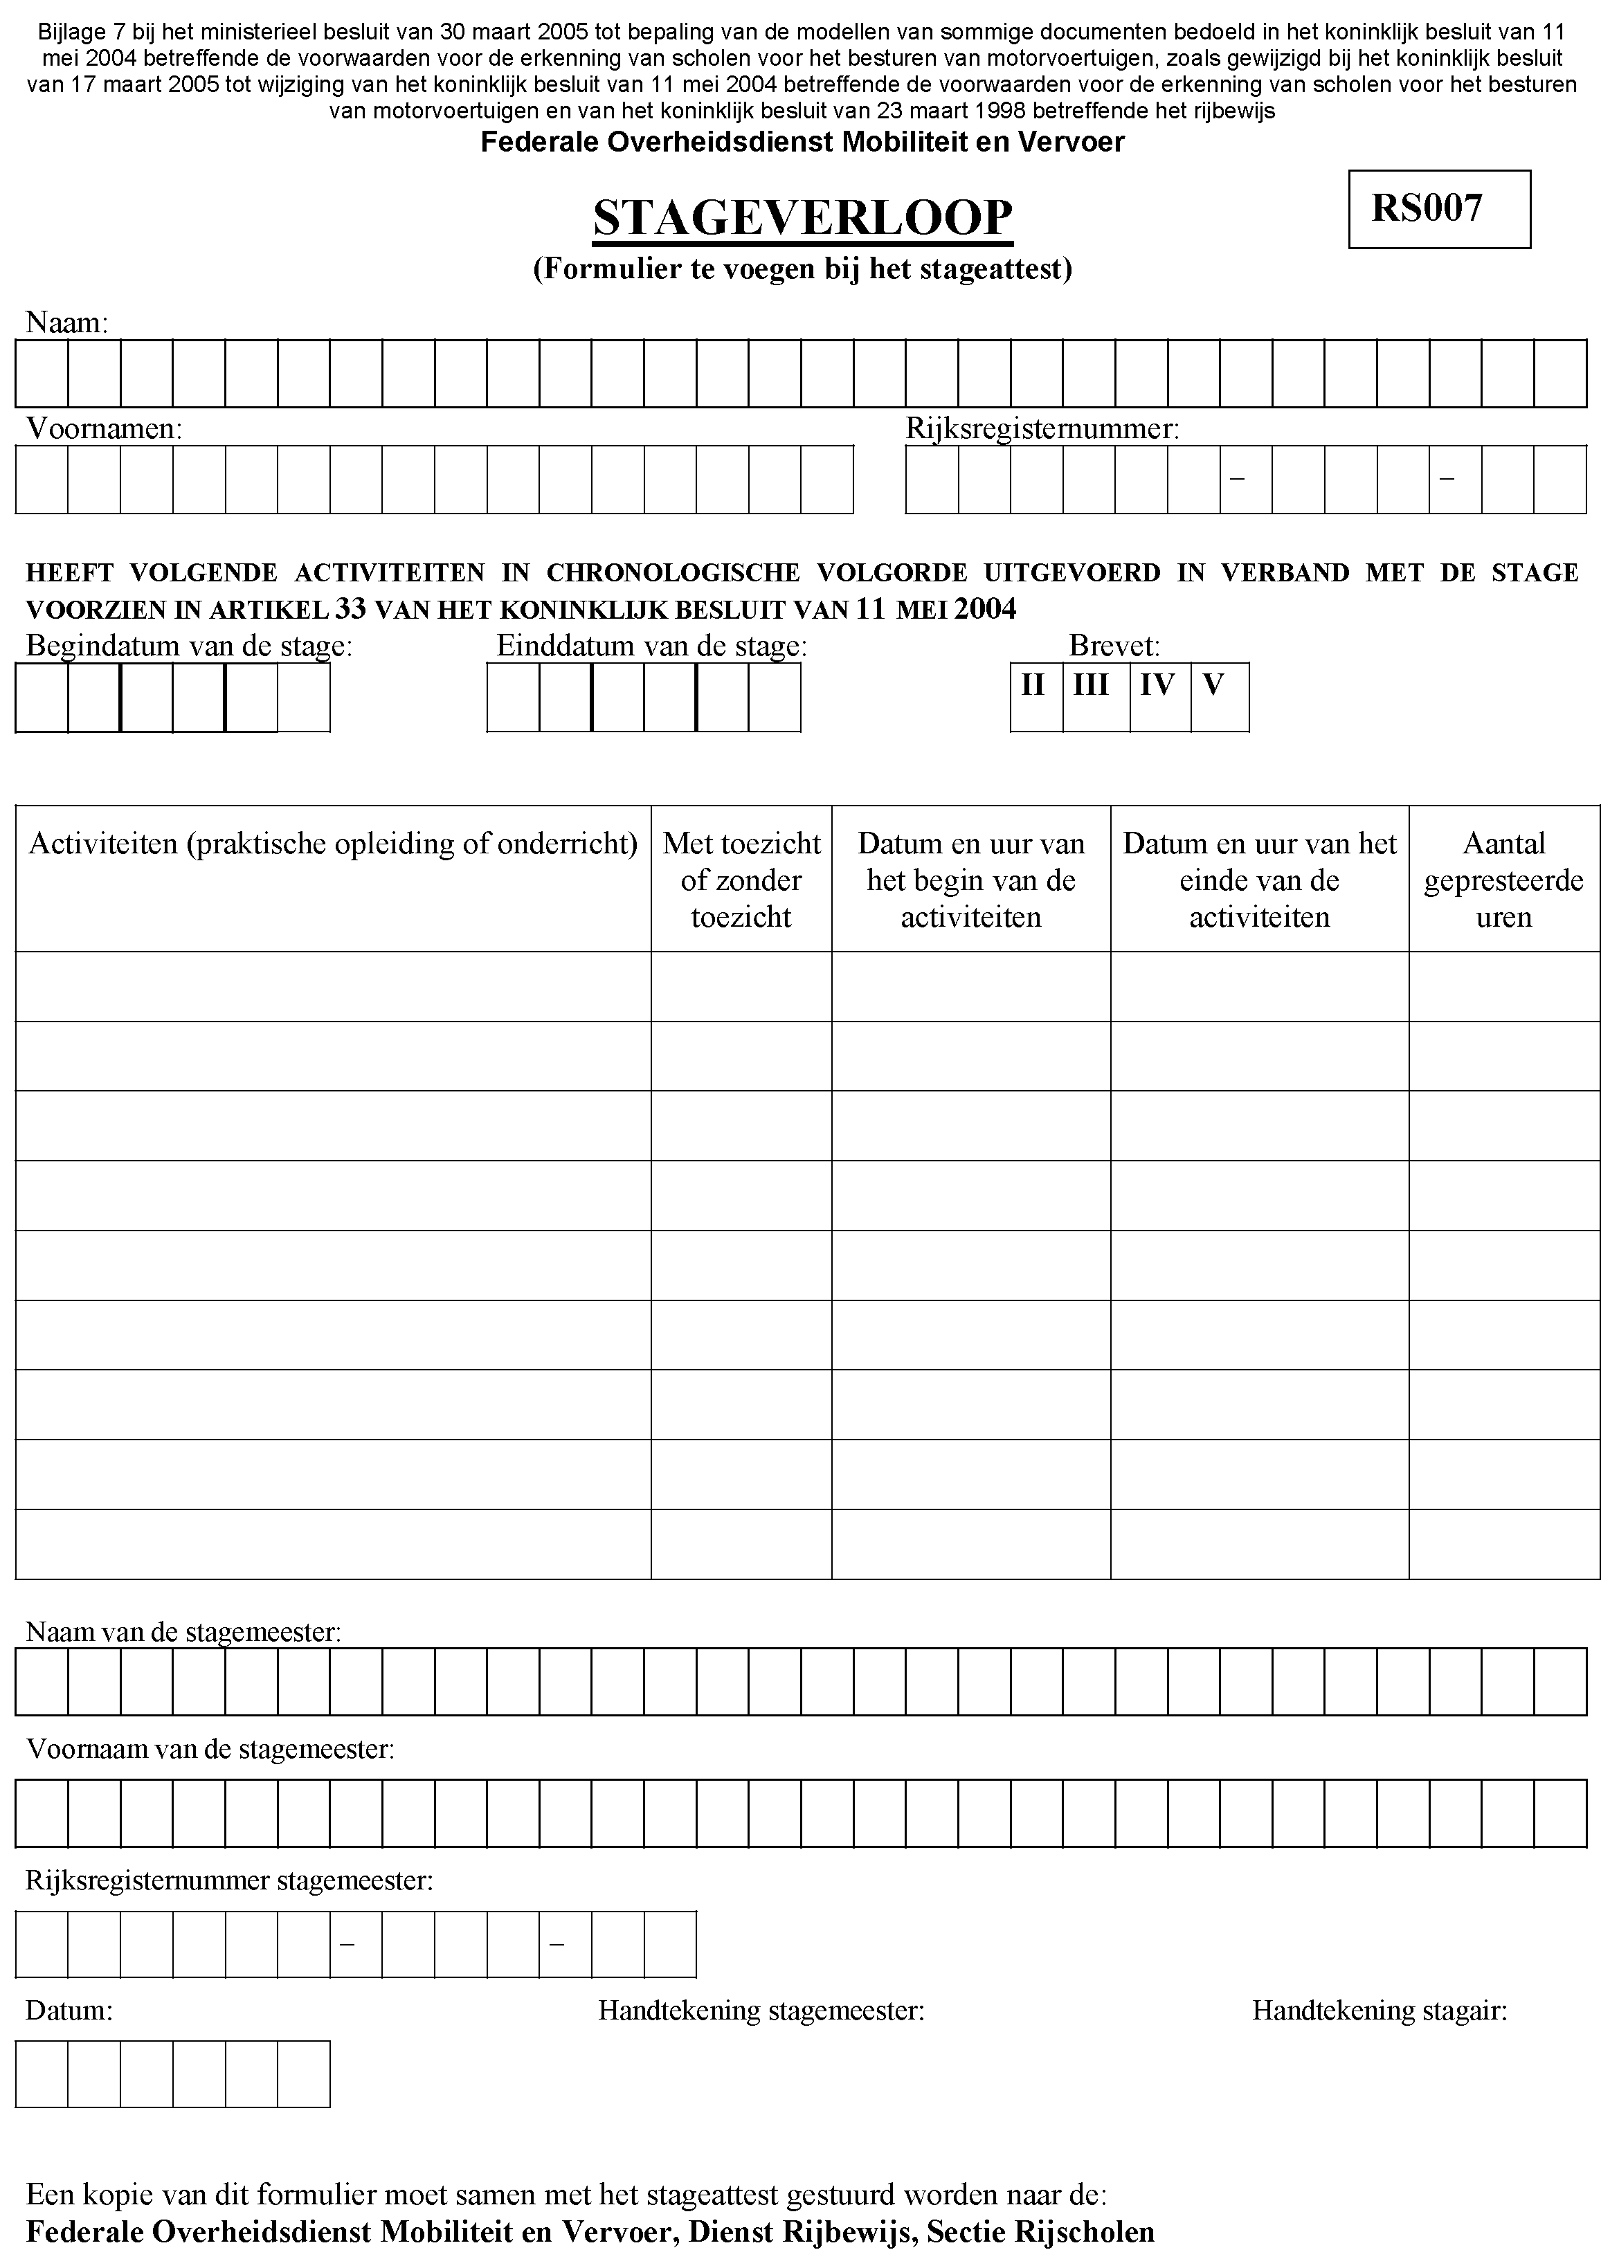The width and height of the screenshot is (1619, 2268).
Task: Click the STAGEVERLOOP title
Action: (x=802, y=218)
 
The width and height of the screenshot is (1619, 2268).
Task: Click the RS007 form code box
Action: (x=1438, y=208)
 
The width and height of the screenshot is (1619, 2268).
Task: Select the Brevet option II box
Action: (x=1035, y=697)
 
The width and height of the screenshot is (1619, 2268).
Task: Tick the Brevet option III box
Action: (x=1096, y=697)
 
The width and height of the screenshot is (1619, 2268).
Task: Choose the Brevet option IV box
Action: (x=1159, y=697)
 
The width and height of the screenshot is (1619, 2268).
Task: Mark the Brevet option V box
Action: (x=1219, y=697)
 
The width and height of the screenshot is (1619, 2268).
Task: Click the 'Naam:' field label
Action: (x=66, y=323)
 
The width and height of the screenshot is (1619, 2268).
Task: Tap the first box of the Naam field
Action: (x=42, y=374)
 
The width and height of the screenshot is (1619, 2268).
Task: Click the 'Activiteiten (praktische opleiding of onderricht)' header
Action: (x=333, y=844)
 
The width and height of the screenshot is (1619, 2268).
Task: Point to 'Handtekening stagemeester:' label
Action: (x=761, y=2011)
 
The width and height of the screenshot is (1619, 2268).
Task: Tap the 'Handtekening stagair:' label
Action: (x=1380, y=2011)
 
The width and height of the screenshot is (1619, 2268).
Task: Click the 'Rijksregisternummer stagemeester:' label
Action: (x=229, y=1881)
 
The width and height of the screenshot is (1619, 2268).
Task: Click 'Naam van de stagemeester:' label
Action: (x=183, y=1632)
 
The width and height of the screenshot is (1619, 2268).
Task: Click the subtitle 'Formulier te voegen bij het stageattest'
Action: (x=802, y=269)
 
